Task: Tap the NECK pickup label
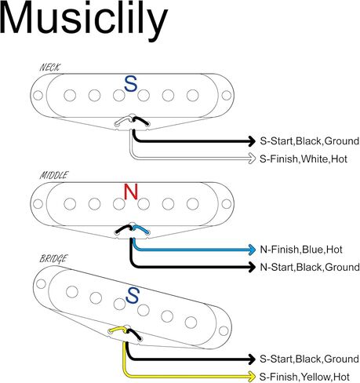point(49,67)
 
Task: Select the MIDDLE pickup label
point(54,175)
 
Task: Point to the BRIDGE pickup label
point(53,258)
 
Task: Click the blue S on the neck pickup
point(131,84)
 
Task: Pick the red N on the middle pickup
point(131,191)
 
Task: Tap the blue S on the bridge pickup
point(133,295)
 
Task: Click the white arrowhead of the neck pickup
point(252,159)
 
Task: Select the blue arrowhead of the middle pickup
point(253,250)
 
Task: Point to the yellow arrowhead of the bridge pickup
point(252,377)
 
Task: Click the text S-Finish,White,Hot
point(304,159)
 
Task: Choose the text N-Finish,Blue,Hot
point(301,250)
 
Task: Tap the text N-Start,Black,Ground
point(310,268)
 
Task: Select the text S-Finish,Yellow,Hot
point(304,377)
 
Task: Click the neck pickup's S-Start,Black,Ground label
point(310,141)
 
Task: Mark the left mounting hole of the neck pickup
point(38,96)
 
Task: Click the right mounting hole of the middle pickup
point(227,204)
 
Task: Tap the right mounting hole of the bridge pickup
point(224,331)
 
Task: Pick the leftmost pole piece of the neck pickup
point(70,96)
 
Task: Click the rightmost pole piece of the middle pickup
point(193,204)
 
